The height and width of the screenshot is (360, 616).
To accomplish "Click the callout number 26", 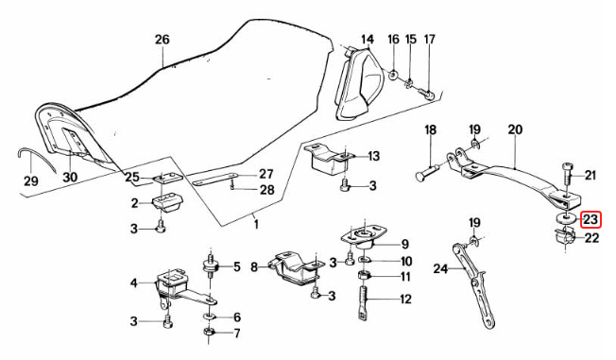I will coord(162,41).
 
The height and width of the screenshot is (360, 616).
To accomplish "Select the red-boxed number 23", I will coord(590,220).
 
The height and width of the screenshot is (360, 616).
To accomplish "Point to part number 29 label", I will coord(29,180).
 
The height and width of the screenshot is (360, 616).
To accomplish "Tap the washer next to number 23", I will coord(564,220).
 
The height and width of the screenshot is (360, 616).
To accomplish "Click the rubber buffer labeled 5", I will coord(209,266).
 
